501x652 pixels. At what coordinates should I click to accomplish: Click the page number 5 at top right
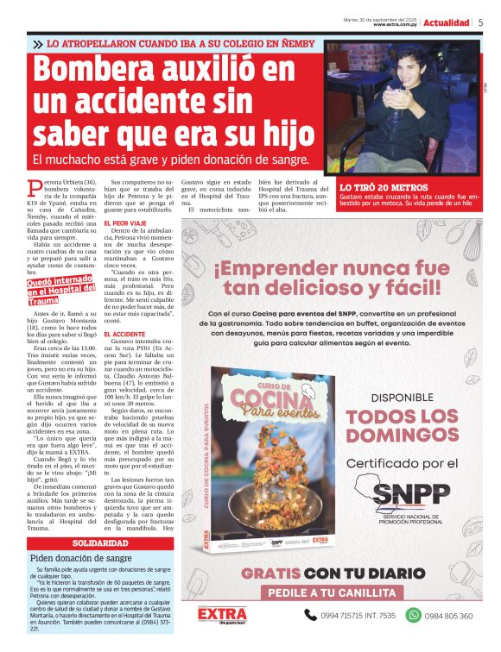480,22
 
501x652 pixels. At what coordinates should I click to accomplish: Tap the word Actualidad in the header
447,22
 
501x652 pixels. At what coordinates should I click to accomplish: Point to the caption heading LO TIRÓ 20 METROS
384,187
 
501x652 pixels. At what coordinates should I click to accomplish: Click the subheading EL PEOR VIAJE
124,223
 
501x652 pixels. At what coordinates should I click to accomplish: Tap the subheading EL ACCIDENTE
124,334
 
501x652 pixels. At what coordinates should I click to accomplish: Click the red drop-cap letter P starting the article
35,187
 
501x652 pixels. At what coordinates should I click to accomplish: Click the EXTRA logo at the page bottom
222,614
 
